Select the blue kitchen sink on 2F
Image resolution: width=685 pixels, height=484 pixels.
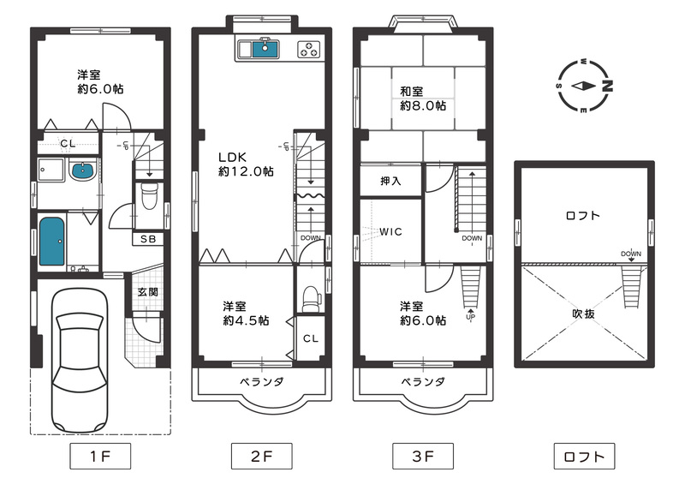click(x=263, y=49)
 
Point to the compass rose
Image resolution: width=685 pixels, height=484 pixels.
click(x=584, y=86)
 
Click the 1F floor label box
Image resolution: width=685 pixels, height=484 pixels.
click(x=99, y=456)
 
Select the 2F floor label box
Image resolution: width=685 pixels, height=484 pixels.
click(x=261, y=456)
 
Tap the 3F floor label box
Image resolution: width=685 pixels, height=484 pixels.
click(x=422, y=456)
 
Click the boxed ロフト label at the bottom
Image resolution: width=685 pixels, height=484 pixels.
click(x=585, y=456)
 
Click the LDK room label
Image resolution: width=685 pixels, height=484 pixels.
click(x=232, y=158)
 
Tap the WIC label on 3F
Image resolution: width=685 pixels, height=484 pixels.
click(x=390, y=232)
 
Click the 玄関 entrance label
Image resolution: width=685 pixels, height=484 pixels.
click(x=146, y=292)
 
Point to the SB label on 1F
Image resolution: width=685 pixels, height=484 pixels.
click(x=148, y=239)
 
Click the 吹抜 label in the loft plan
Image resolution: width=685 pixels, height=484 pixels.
click(x=584, y=314)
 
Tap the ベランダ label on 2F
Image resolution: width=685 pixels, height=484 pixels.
click(x=254, y=381)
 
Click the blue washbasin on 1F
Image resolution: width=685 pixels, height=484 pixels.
click(x=83, y=170)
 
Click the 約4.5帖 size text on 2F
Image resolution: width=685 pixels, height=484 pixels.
click(x=246, y=320)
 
